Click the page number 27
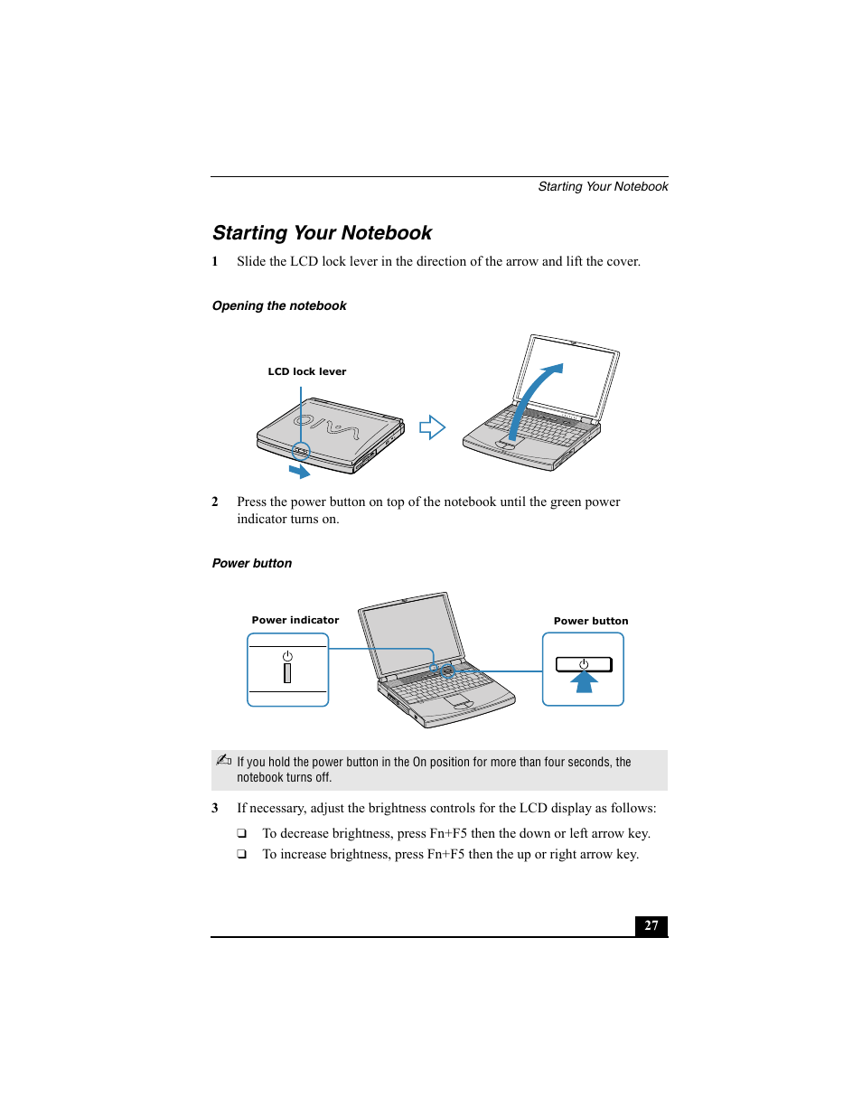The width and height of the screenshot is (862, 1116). (651, 925)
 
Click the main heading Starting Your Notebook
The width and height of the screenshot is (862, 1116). (322, 233)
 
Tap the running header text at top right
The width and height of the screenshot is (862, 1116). (603, 187)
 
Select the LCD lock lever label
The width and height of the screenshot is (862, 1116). (306, 371)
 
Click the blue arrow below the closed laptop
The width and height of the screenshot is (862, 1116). (299, 471)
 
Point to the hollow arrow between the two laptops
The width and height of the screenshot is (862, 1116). (432, 427)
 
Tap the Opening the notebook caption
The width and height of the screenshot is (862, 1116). (279, 306)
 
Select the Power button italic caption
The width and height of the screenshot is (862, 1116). (252, 564)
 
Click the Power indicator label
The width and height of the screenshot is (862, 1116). (295, 620)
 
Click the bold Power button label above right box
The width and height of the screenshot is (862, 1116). (591, 621)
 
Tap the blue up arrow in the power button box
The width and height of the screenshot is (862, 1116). (585, 682)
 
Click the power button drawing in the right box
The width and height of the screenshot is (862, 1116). (584, 664)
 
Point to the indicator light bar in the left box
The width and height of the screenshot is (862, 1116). (287, 673)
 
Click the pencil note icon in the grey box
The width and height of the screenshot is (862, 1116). (224, 760)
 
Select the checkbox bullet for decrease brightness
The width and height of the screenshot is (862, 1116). (242, 833)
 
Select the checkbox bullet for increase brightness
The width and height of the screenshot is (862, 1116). (242, 854)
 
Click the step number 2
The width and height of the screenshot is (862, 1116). (215, 502)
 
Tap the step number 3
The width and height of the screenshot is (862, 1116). (215, 808)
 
